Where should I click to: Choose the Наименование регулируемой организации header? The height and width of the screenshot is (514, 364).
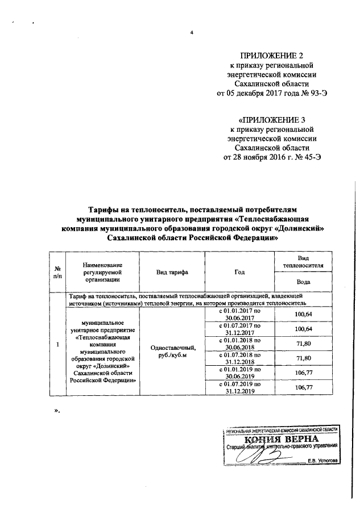(103, 273)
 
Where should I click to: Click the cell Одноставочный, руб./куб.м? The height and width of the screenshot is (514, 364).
(172, 351)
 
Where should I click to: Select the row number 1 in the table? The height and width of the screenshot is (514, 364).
(57, 344)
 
